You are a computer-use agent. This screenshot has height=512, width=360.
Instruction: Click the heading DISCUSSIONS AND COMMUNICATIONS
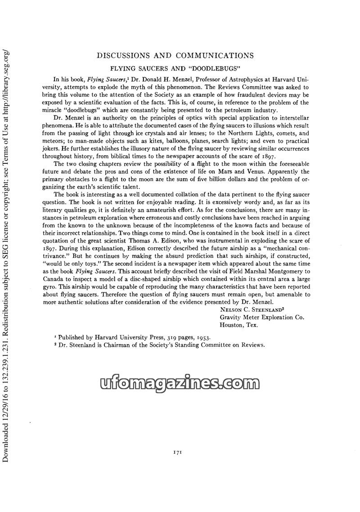pos(175,55)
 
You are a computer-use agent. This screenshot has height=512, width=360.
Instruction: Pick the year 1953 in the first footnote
pos(200,337)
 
